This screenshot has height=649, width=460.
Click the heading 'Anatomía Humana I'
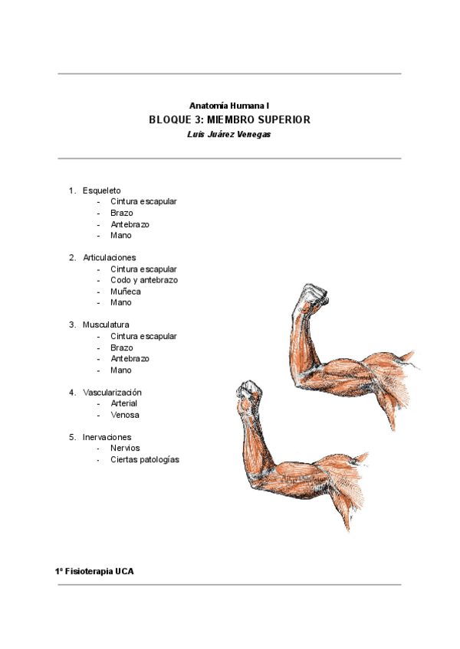click(229, 105)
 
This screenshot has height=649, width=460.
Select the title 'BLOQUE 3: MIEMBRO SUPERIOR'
click(229, 120)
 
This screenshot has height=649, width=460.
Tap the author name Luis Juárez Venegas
click(229, 134)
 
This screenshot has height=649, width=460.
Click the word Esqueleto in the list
click(101, 191)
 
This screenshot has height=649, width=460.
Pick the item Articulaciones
click(109, 258)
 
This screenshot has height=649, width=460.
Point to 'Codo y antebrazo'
click(143, 280)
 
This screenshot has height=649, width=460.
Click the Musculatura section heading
click(106, 324)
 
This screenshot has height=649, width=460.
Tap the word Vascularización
click(112, 392)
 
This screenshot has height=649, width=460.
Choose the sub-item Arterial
click(124, 403)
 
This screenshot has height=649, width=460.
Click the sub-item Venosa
click(124, 415)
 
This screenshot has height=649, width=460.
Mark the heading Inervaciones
click(107, 437)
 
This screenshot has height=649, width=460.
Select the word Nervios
click(125, 448)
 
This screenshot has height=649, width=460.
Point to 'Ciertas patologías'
click(144, 460)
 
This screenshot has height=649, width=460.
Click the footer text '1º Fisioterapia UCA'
click(94, 572)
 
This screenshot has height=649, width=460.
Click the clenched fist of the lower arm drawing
click(248, 393)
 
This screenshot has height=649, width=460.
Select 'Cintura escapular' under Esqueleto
click(143, 201)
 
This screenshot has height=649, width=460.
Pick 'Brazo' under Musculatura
click(121, 347)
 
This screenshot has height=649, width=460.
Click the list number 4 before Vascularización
click(71, 392)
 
